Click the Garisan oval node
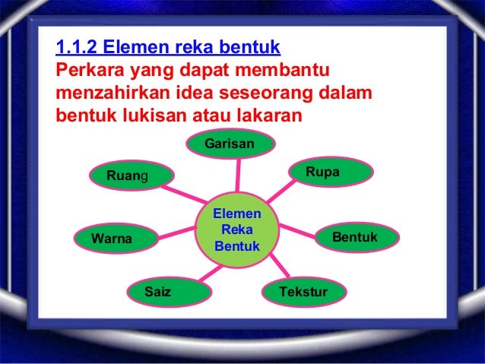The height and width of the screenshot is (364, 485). point(230,144)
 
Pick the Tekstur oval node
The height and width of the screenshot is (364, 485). point(303,292)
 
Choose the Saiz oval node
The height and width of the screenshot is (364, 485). point(157,291)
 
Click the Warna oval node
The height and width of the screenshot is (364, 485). point(112,239)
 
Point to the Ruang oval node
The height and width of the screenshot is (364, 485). point(128,177)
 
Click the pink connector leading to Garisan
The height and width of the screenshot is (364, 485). point(232,173)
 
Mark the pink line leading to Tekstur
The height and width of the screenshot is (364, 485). point(277,265)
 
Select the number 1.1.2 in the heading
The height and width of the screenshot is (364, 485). point(78,50)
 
